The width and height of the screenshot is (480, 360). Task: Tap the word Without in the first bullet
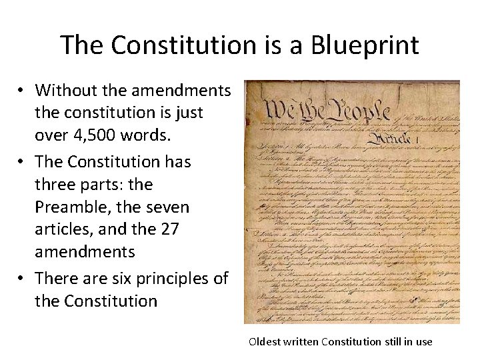pos(65,90)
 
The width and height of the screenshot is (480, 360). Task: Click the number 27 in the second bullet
pos(169,230)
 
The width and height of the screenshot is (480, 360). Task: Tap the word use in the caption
pos(424,342)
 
